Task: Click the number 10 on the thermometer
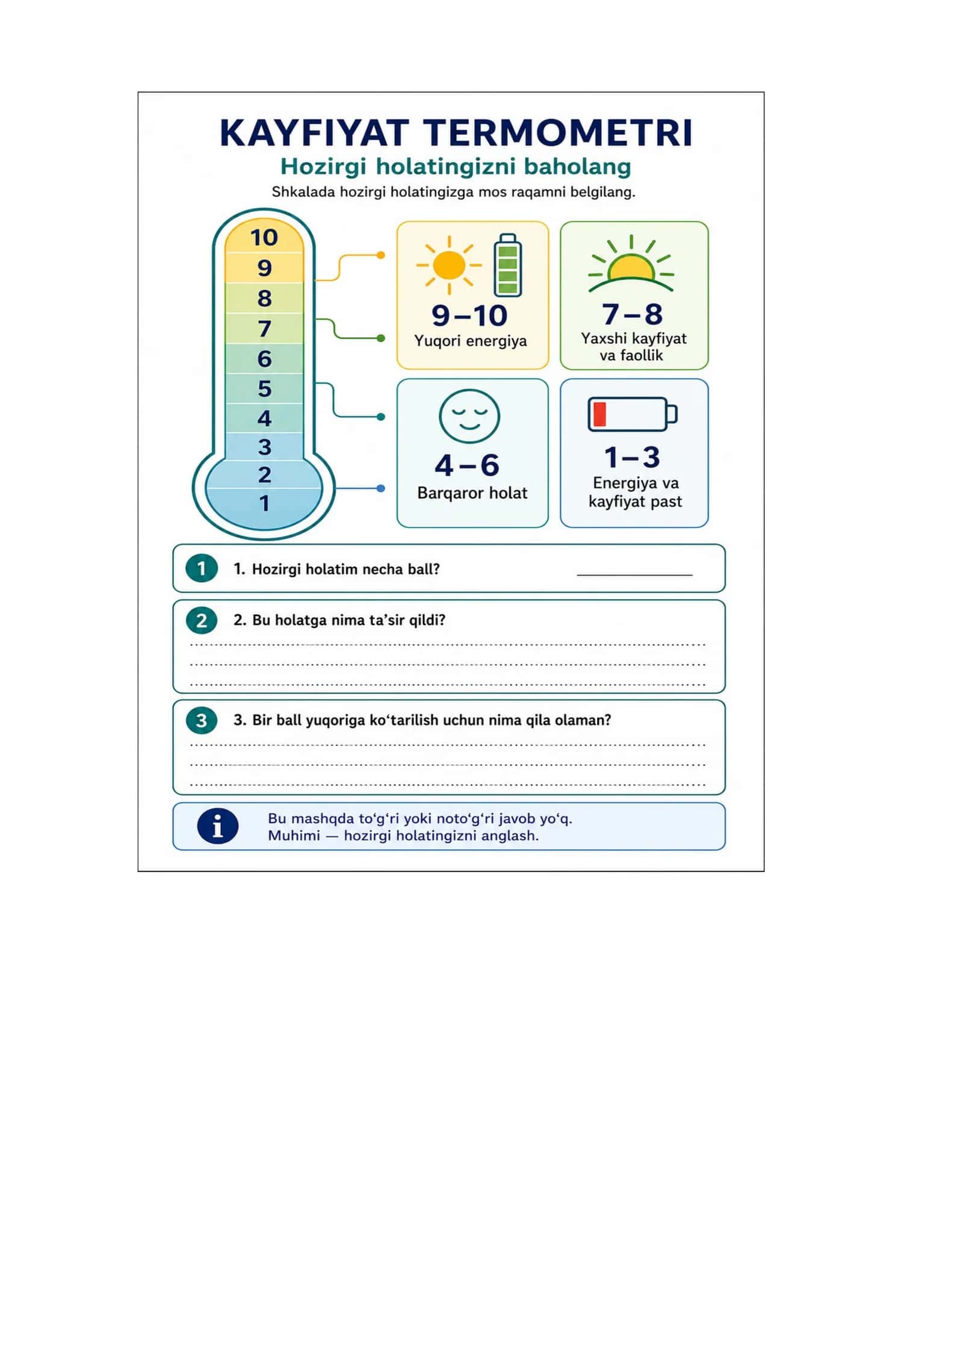coord(264,237)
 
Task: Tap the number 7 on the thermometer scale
coord(264,329)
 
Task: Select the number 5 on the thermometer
coord(264,388)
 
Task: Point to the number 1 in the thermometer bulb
coord(264,503)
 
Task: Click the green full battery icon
coord(507,265)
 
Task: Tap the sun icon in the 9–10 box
coord(449,265)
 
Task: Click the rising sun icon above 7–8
coord(631,264)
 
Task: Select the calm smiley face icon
coord(469,416)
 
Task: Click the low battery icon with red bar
coord(633,414)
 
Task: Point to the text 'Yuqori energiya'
coord(471,341)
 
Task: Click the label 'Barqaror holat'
coord(472,493)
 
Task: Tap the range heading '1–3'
coord(633,457)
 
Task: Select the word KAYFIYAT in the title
coord(315,133)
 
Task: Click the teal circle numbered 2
coord(202,620)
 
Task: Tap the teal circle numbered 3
coord(202,720)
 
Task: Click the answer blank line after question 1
coord(634,575)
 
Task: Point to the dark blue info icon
coord(218,826)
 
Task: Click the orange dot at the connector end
coord(380,255)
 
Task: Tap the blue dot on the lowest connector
coord(380,488)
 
